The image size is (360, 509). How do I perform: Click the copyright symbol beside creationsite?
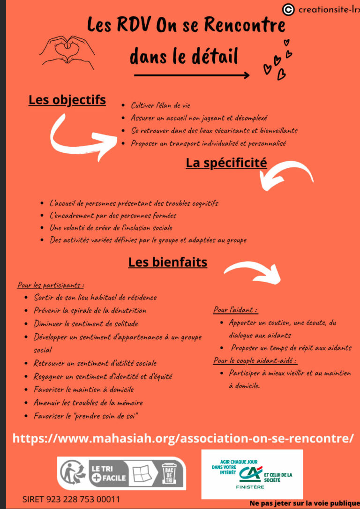tap(289, 9)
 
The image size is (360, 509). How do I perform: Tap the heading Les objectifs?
tap(67, 100)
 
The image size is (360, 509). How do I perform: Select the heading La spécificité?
tap(226, 163)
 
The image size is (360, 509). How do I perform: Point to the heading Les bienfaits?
tap(168, 262)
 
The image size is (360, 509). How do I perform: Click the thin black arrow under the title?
tap(191, 75)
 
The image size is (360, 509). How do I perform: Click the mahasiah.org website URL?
tap(183, 439)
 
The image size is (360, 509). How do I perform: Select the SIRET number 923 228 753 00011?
tap(71, 499)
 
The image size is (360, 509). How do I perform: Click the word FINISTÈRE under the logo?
tap(250, 487)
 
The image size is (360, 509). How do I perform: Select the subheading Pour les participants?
tap(51, 285)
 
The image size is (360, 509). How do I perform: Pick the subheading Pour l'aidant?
tap(235, 310)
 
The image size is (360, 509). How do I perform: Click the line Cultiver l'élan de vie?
tap(160, 105)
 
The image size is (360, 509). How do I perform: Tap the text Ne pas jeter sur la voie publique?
tap(304, 503)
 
